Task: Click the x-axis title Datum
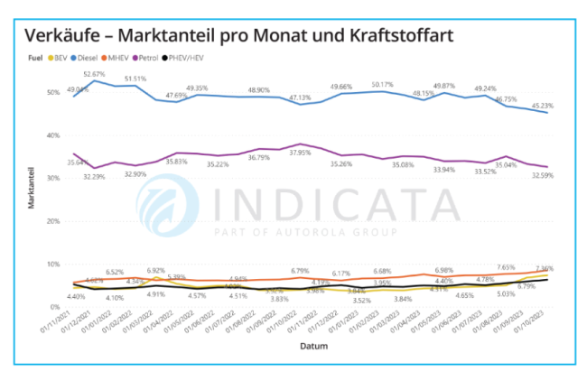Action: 315,346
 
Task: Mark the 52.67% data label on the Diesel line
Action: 95,73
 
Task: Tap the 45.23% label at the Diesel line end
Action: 544,107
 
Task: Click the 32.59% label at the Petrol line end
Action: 544,174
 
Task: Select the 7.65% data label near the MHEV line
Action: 505,268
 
